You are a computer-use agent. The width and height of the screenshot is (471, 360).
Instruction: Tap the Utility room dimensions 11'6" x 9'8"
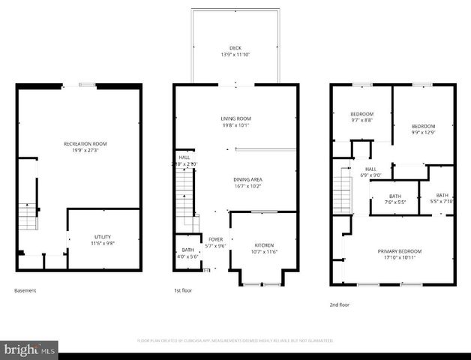103,243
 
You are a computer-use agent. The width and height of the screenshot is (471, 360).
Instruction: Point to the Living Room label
235,118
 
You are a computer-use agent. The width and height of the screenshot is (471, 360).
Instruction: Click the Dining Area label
247,179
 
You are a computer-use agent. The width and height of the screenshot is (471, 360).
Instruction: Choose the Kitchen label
263,245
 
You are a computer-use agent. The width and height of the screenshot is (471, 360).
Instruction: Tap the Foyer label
215,239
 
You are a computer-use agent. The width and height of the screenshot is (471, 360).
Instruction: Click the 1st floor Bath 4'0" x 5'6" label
187,250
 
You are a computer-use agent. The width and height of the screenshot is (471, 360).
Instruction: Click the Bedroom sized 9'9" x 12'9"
423,126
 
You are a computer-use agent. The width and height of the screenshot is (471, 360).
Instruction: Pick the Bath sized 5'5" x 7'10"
442,195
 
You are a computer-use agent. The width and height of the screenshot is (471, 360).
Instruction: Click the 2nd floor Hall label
370,169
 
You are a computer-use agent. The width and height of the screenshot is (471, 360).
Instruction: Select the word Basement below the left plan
25,290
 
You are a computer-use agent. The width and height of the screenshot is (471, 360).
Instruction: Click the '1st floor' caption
183,290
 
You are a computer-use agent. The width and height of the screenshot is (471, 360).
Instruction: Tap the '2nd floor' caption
340,304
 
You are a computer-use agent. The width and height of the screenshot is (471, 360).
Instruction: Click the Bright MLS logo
29,349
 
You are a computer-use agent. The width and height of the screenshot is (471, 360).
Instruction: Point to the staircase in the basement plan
28,216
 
